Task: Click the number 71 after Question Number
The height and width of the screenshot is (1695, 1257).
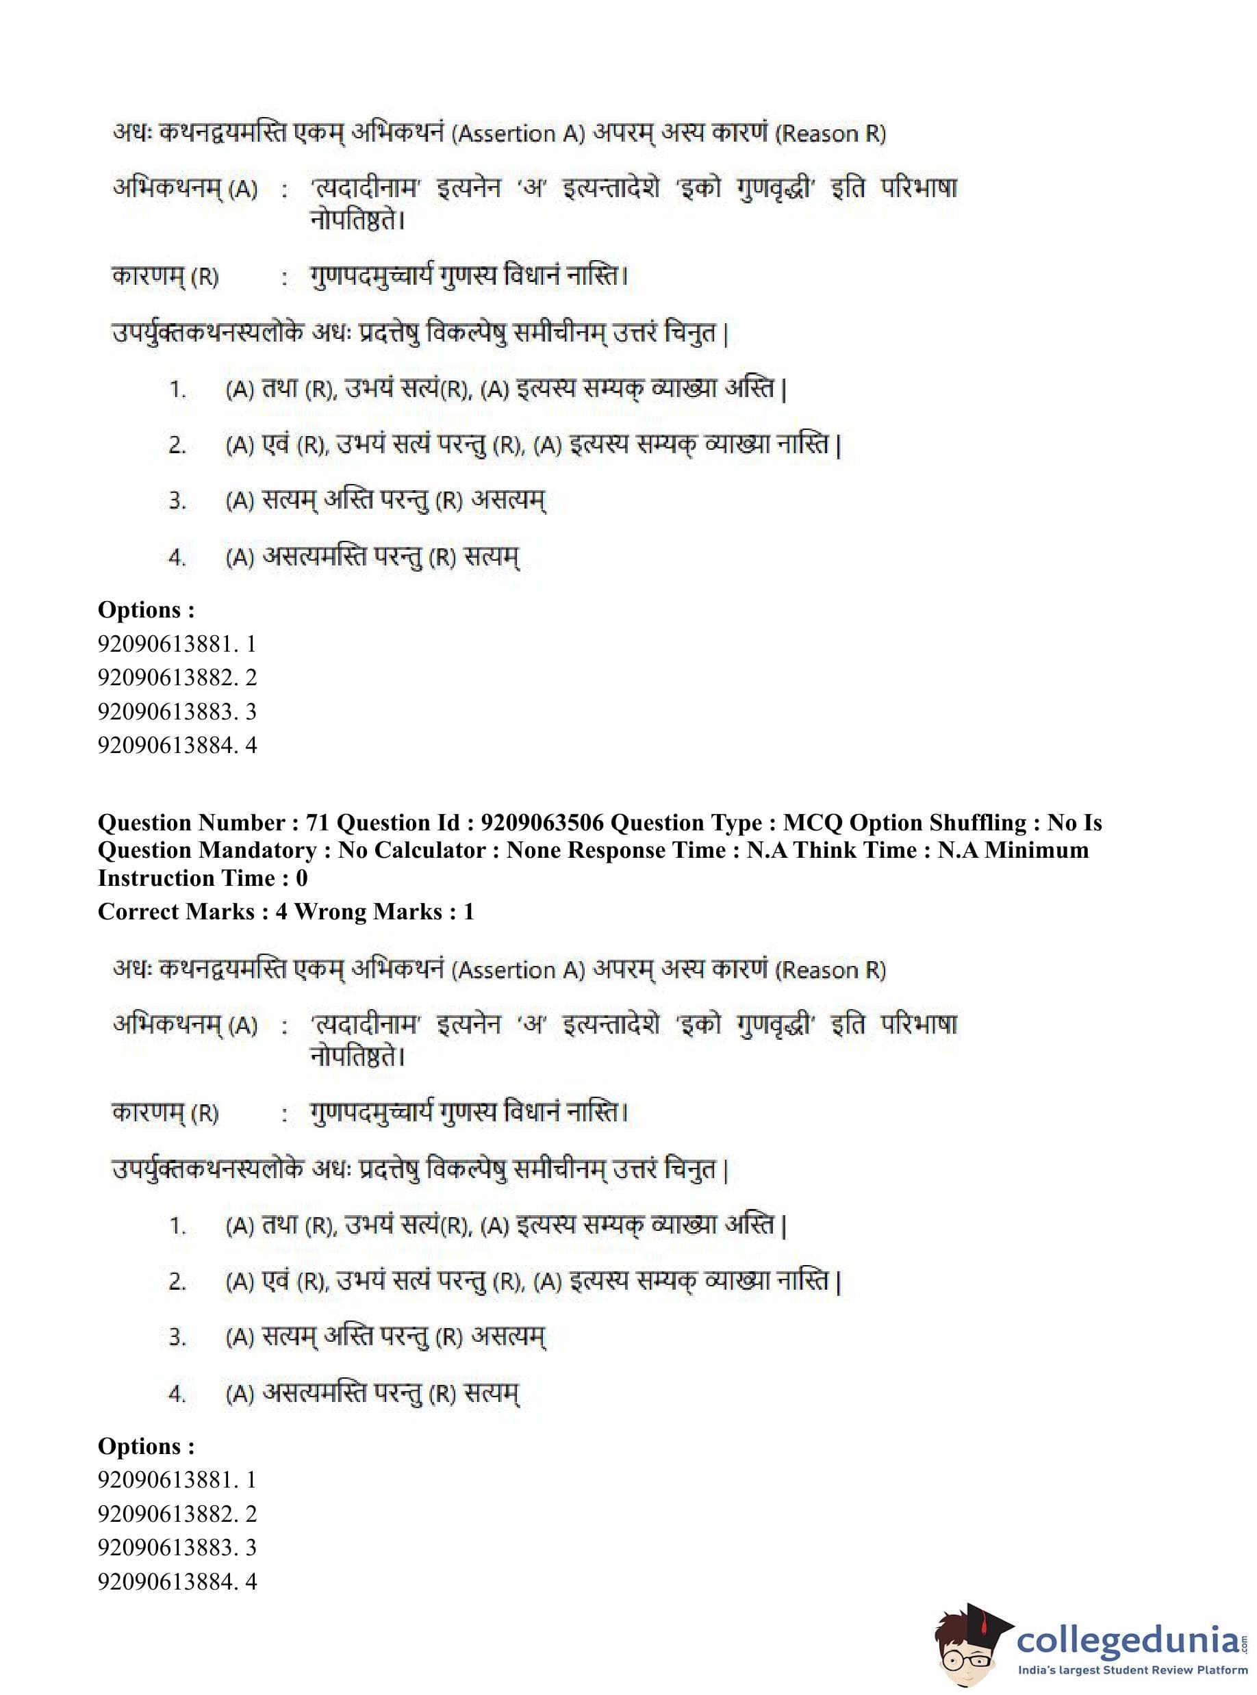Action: (317, 823)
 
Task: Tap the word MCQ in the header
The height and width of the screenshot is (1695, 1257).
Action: (812, 823)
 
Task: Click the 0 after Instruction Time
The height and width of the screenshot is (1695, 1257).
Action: (301, 878)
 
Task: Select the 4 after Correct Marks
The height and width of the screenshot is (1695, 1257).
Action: (281, 911)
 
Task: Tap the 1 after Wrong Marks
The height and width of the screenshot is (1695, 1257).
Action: (469, 911)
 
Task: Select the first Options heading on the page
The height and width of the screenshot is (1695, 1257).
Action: (146, 609)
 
